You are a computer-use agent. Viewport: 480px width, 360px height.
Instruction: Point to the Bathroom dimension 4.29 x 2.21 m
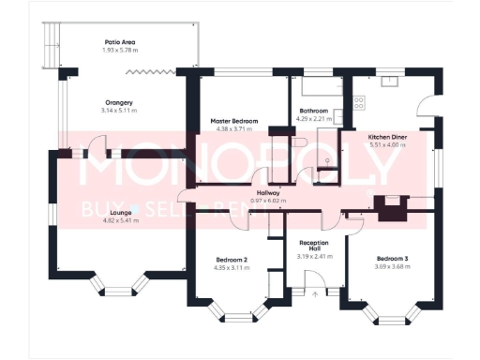click(316, 118)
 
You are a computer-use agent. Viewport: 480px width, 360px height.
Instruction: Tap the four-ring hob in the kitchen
click(361, 99)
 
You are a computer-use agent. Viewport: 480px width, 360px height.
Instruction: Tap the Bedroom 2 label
click(231, 260)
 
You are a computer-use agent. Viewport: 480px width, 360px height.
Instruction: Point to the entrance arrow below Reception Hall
click(315, 293)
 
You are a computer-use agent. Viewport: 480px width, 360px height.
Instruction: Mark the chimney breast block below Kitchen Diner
click(390, 206)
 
